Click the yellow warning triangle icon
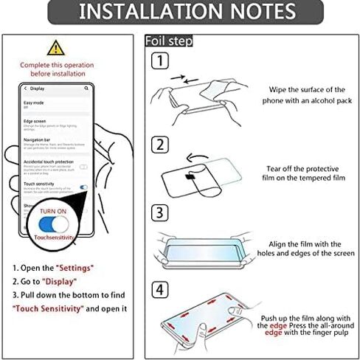[x=55, y=49]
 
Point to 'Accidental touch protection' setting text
[x=48, y=161]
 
